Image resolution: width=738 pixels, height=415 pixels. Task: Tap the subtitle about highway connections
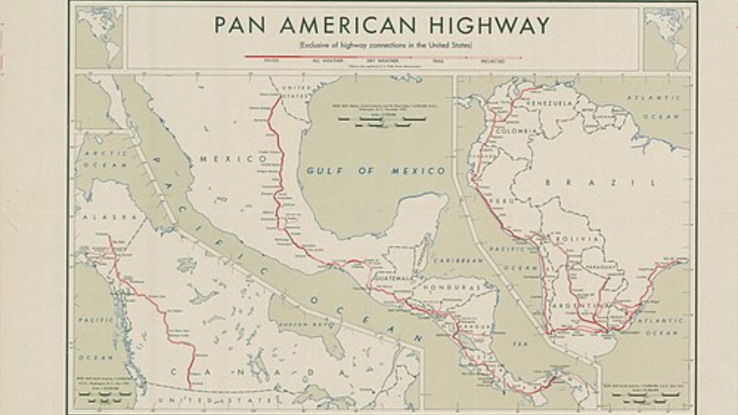[x=385, y=45]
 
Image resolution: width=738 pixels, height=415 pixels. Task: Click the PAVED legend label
[x=271, y=61]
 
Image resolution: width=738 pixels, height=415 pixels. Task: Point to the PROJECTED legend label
[x=493, y=61]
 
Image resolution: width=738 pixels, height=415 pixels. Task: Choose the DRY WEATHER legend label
[x=379, y=61]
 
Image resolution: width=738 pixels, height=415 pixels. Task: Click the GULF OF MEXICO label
[x=376, y=171]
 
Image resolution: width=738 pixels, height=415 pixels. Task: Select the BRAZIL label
[x=600, y=183]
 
